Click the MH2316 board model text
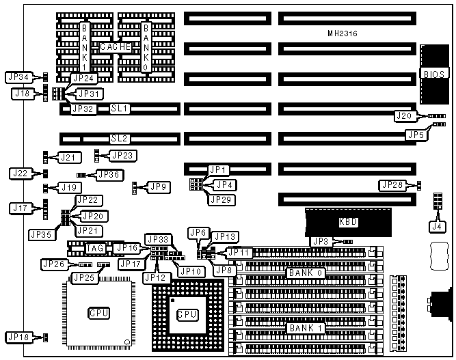pyautogui.click(x=343, y=33)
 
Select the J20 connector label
pyautogui.click(x=404, y=116)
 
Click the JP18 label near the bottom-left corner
pyautogui.click(x=18, y=337)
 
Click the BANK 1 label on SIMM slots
pyautogui.click(x=306, y=328)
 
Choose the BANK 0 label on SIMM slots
pyautogui.click(x=306, y=273)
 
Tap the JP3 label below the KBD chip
pyautogui.click(x=321, y=241)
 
